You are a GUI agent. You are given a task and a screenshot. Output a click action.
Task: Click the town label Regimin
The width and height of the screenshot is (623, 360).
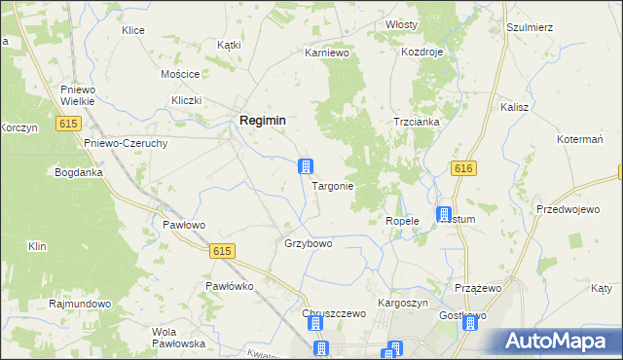(x=262, y=120)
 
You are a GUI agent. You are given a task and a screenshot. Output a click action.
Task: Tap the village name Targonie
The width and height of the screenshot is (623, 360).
(x=332, y=185)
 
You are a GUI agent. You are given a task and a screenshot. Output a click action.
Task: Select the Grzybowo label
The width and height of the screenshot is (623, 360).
(x=308, y=243)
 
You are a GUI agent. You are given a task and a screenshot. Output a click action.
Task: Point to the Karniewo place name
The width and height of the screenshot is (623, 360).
(x=327, y=53)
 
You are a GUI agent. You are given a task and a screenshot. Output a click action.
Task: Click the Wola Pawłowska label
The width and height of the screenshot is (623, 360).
(x=176, y=338)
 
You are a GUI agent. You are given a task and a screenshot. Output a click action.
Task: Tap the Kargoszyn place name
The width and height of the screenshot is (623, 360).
(x=402, y=303)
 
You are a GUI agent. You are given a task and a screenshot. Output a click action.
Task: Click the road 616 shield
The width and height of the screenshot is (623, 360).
(x=463, y=169)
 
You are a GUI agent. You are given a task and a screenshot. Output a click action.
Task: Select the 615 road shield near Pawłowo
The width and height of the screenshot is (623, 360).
(x=222, y=251)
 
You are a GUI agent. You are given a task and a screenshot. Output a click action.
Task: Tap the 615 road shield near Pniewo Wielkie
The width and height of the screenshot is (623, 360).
(x=68, y=124)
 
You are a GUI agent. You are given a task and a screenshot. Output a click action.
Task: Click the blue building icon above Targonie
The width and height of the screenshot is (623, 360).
(x=306, y=166)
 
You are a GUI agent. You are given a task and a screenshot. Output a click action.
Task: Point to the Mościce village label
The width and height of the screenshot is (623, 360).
(x=180, y=74)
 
